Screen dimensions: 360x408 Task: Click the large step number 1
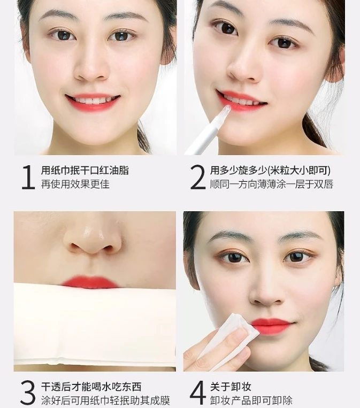pyautogui.click(x=28, y=177)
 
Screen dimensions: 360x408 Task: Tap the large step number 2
pyautogui.click(x=197, y=177)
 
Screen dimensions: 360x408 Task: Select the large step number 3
pyautogui.click(x=28, y=393)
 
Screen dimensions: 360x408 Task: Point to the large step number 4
pyautogui.click(x=198, y=393)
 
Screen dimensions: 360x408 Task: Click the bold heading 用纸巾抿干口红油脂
pyautogui.click(x=85, y=171)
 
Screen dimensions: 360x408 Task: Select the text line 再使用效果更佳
pyautogui.click(x=75, y=184)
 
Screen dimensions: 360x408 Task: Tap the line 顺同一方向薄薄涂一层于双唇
pyautogui.click(x=272, y=184)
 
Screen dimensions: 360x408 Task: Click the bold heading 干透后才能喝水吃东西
pyautogui.click(x=91, y=387)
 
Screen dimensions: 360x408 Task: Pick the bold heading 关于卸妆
pyautogui.click(x=231, y=387)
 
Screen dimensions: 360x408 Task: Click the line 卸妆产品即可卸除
pyautogui.click(x=251, y=401)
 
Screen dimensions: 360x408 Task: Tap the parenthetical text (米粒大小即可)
pyautogui.click(x=299, y=171)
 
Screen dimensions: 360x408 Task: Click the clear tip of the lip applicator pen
pyautogui.click(x=226, y=109)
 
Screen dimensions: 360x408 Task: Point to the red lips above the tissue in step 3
pyautogui.click(x=89, y=282)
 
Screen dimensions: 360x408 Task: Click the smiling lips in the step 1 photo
pyautogui.click(x=93, y=102)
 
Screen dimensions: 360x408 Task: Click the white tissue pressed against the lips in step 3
pyautogui.click(x=95, y=326)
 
